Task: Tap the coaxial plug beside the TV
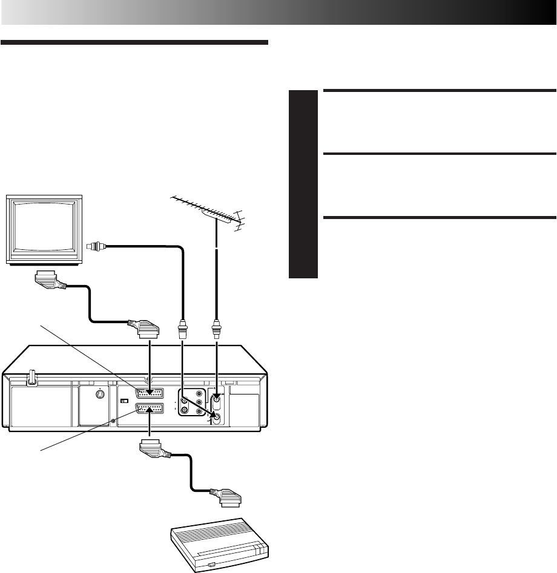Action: [x=96, y=246]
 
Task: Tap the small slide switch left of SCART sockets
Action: [x=125, y=401]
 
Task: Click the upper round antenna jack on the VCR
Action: [x=216, y=398]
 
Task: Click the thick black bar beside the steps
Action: [x=303, y=184]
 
